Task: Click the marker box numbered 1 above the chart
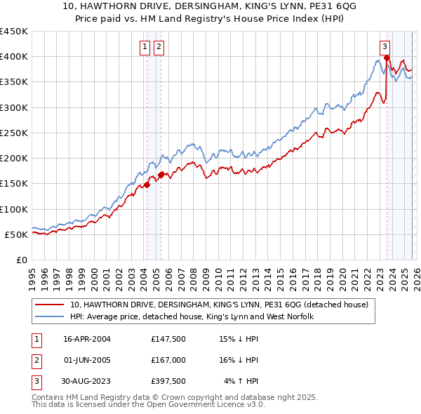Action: point(145,47)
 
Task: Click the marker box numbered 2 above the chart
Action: point(159,47)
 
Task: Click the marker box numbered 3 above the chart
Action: point(385,47)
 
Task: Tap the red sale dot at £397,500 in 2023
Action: point(387,58)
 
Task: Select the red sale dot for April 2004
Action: point(147,185)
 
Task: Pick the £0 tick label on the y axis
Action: point(21,260)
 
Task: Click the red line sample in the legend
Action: point(49,305)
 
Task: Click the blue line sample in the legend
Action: point(49,316)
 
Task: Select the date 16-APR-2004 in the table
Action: point(87,339)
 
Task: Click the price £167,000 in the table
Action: point(168,360)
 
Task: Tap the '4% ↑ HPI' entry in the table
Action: point(241,381)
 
